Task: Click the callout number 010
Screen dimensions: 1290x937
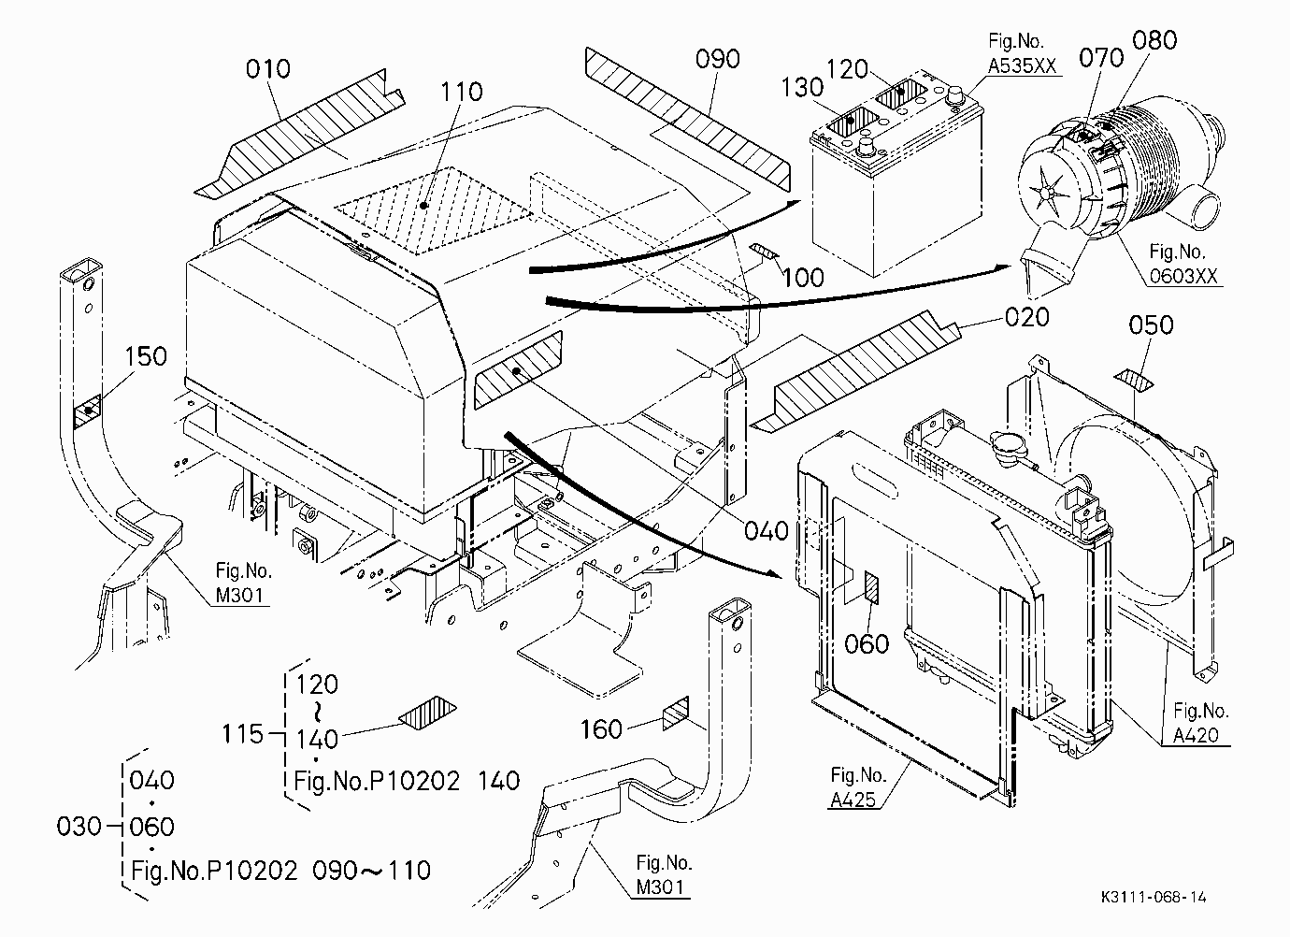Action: point(267,69)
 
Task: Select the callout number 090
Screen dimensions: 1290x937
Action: point(718,59)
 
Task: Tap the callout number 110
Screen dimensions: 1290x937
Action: point(461,92)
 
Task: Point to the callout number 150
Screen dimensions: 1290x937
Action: point(146,356)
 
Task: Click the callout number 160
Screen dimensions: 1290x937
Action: point(601,729)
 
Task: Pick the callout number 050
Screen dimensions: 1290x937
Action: point(1152,325)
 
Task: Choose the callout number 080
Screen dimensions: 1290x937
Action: point(1154,40)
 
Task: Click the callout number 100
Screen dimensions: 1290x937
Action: point(803,278)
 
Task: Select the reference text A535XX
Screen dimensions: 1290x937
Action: point(1023,66)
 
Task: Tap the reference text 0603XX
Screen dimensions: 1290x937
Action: point(1184,276)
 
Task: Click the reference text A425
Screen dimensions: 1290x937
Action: point(853,800)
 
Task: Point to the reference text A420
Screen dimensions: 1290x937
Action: point(1196,735)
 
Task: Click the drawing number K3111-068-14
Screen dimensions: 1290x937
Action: point(1154,897)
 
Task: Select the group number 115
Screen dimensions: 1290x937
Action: point(242,734)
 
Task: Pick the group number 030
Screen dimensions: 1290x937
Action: point(79,827)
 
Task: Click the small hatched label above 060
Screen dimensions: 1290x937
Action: point(872,588)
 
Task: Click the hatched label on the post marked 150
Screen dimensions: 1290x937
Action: point(88,411)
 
